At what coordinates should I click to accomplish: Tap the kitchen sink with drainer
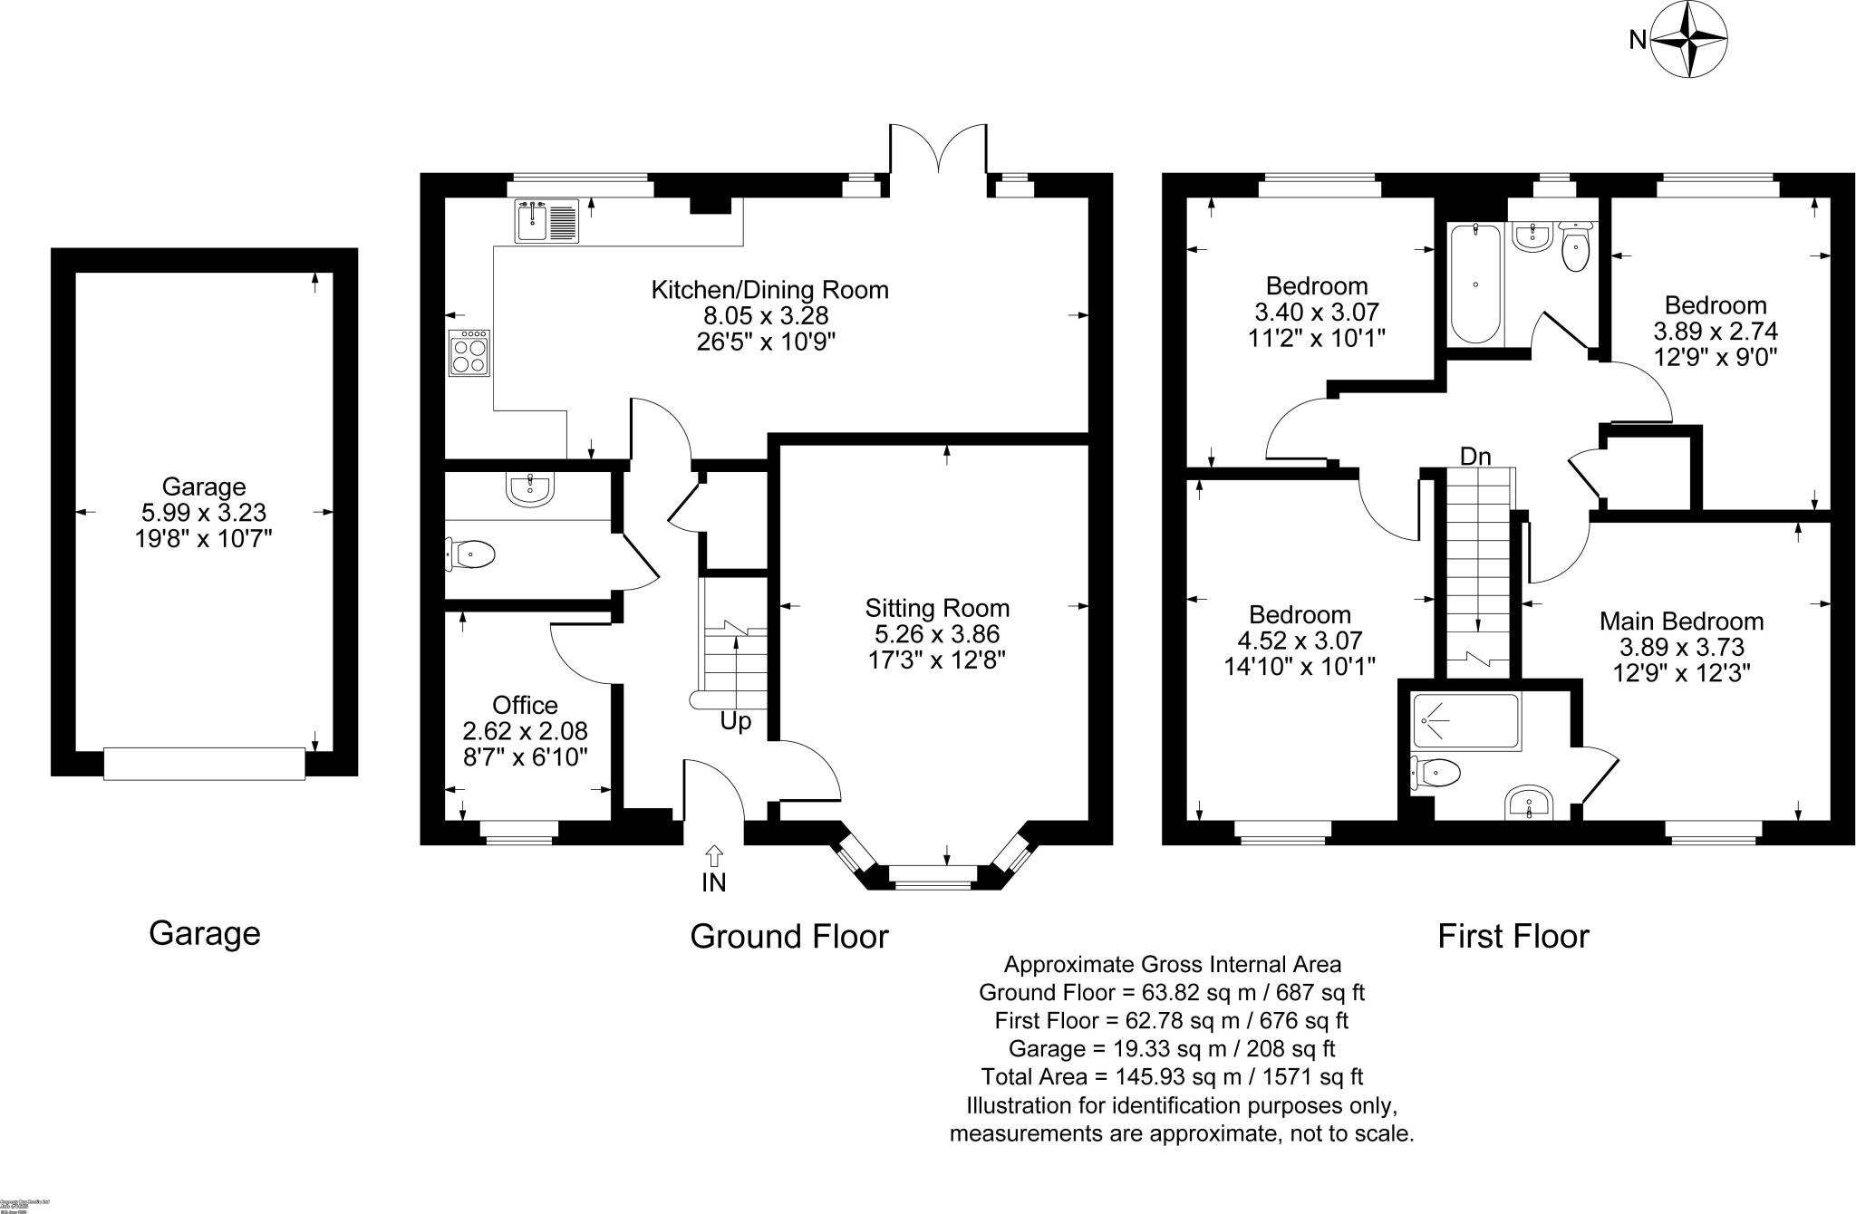(x=546, y=222)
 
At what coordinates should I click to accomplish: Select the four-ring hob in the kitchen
(x=470, y=352)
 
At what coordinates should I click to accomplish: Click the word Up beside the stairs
(x=735, y=722)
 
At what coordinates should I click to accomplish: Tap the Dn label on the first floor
(x=1474, y=456)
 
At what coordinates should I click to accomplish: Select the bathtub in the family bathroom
(x=1474, y=283)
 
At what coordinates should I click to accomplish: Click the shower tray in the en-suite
(x=1465, y=721)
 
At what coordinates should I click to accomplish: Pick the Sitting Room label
(x=936, y=608)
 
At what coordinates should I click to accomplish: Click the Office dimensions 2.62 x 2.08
(x=525, y=730)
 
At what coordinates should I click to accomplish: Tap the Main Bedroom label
(x=1681, y=621)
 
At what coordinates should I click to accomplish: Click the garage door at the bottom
(x=204, y=763)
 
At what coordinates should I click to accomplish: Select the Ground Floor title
(x=788, y=936)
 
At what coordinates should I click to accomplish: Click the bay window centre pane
(x=933, y=874)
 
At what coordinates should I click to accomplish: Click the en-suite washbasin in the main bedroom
(x=1529, y=802)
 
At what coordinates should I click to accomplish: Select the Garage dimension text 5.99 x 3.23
(x=204, y=513)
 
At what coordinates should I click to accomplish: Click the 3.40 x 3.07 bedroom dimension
(x=1316, y=313)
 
